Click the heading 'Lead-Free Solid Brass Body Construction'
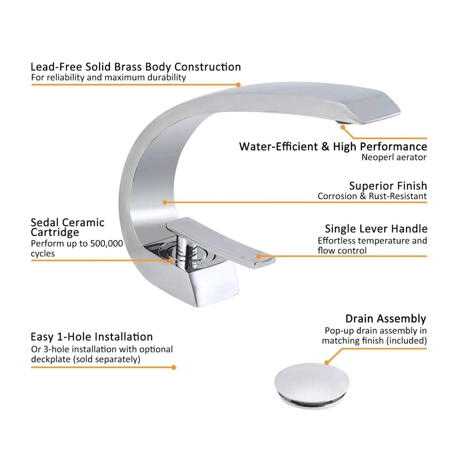pos(135,67)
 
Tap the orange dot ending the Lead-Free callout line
pos(238,85)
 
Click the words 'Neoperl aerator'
pos(394,157)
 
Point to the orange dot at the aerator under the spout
pos(343,127)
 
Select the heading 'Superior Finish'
pos(388,186)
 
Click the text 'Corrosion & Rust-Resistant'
pos(372,196)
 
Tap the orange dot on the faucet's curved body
pos(165,203)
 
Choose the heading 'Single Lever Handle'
pos(376,229)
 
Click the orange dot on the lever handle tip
pos(258,256)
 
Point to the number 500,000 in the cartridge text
pos(106,243)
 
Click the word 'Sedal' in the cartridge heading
pos(44,222)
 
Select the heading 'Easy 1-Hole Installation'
pos(92,337)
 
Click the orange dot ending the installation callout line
pos(174,367)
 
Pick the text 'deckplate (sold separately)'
pos(85,359)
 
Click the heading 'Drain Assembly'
pos(386,319)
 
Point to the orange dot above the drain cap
pos(326,363)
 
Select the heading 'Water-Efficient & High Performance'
pos(333,146)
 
